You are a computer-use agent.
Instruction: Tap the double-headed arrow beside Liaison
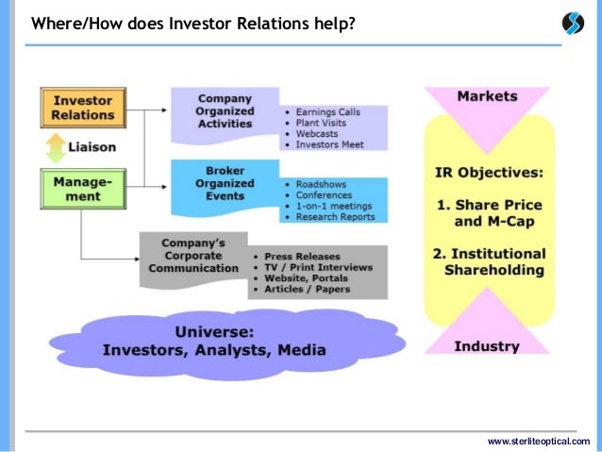[x=56, y=149]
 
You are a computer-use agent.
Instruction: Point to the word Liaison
[x=92, y=149]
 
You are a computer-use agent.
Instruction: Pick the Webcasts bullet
[x=316, y=134]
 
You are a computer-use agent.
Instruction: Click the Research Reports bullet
[x=335, y=217]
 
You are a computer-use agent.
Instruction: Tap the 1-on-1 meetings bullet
[x=333, y=206]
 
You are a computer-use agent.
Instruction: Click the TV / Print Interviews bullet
[x=317, y=267]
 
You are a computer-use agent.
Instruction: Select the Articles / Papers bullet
[x=307, y=290]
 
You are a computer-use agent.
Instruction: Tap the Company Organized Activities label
[x=226, y=110]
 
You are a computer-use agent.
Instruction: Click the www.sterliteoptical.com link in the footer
[x=538, y=441]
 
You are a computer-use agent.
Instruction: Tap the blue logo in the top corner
[x=573, y=23]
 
